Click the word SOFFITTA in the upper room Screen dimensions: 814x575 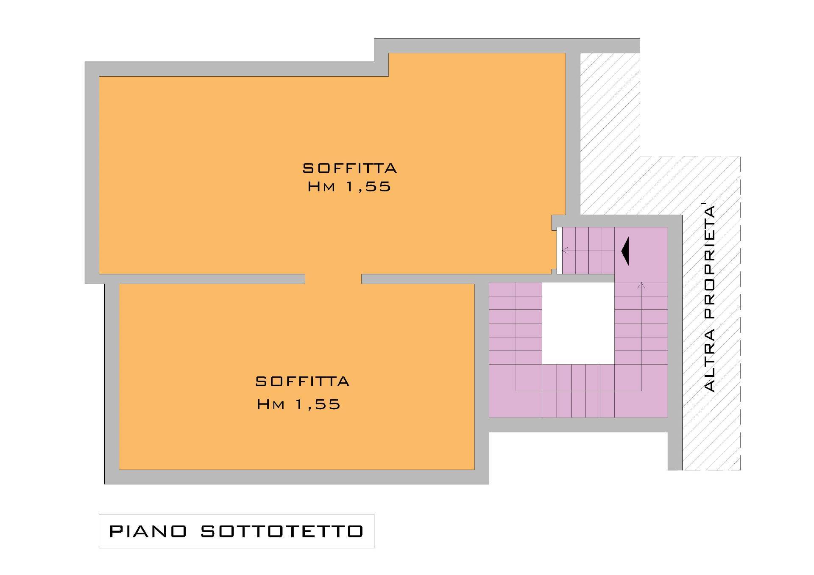[350, 168]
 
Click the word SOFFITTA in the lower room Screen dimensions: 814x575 [303, 381]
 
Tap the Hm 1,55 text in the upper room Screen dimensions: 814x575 [349, 187]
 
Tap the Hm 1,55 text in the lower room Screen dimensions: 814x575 [298, 404]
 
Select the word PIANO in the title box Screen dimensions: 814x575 [148, 531]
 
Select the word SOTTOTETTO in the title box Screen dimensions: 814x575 [282, 531]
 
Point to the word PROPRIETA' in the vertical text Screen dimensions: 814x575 [709, 262]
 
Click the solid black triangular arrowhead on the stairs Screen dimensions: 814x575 [625, 251]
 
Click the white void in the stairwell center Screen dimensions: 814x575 [578, 323]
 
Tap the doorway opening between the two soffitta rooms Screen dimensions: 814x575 [333, 279]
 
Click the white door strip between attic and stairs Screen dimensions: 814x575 [559, 251]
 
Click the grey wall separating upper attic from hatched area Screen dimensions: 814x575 [573, 134]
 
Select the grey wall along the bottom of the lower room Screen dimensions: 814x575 [297, 477]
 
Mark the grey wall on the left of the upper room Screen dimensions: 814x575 [92, 173]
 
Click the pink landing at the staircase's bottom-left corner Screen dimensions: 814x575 [502, 391]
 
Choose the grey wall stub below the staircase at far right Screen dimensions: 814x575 [675, 451]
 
